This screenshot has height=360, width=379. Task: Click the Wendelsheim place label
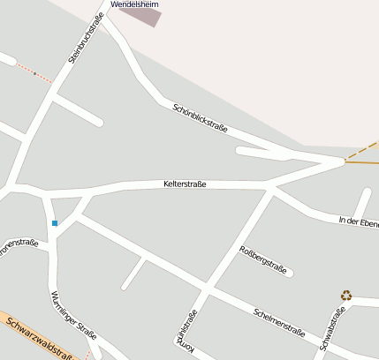[x=134, y=4]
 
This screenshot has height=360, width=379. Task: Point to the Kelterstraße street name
[x=185, y=184]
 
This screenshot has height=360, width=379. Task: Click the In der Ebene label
[x=359, y=221]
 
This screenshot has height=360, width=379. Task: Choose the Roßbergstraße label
[x=263, y=260]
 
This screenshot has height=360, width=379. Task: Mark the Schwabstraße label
[x=331, y=329]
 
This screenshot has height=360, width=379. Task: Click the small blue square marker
[x=55, y=223]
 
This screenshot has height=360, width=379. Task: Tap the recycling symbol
[x=346, y=296]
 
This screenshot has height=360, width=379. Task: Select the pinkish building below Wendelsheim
[x=141, y=17]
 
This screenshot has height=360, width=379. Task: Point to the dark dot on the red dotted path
[x=34, y=74]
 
